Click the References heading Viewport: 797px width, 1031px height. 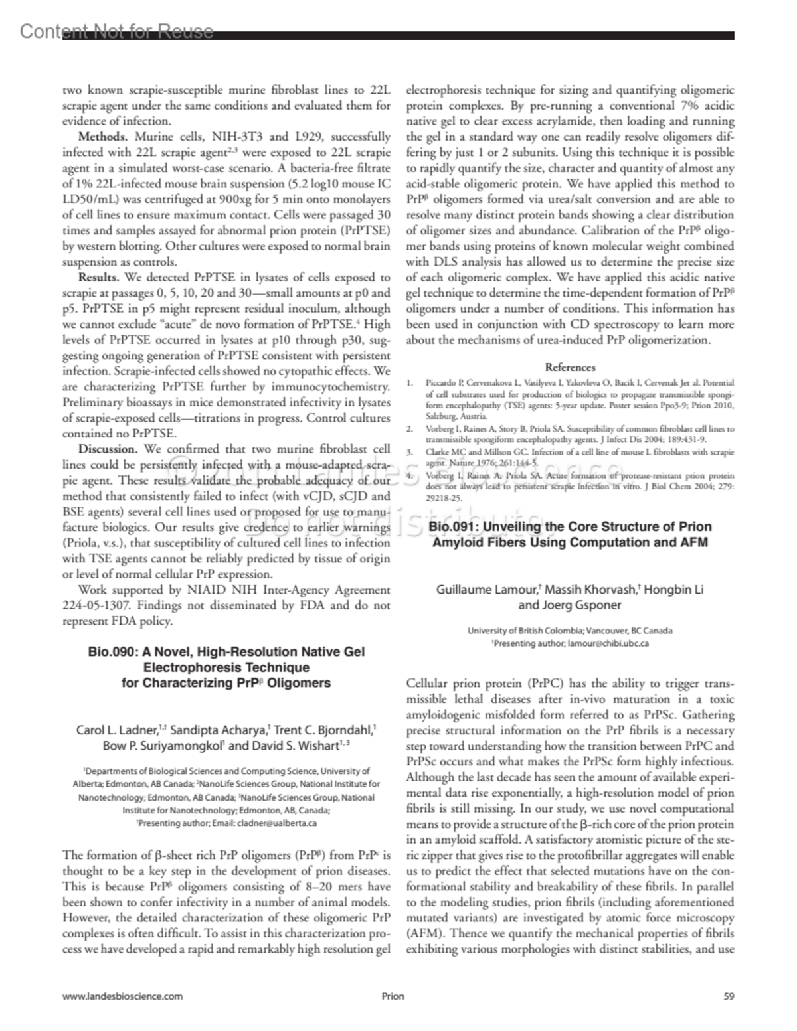(x=570, y=367)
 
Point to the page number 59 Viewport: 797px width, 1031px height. (x=729, y=996)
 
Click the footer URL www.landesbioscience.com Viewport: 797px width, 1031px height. (x=122, y=996)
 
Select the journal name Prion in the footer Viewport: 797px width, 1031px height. (x=393, y=996)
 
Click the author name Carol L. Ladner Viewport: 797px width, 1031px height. (x=117, y=730)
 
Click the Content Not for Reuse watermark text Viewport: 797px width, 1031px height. (x=117, y=31)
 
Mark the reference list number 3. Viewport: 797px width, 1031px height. (x=410, y=452)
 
